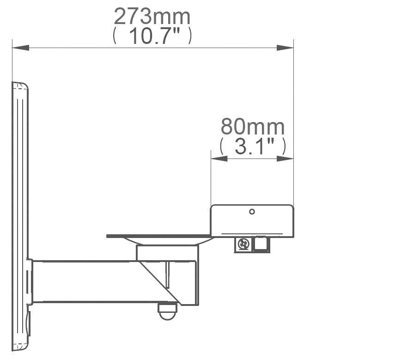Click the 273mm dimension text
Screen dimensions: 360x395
pyautogui.click(x=152, y=17)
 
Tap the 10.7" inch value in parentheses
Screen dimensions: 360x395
pyautogui.click(x=152, y=36)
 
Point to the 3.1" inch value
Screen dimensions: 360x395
pyautogui.click(x=252, y=146)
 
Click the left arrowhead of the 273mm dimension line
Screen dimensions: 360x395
pyautogui.click(x=20, y=48)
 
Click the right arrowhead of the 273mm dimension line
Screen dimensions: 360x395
pyautogui.click(x=285, y=48)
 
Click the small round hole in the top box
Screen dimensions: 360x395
pyautogui.click(x=252, y=212)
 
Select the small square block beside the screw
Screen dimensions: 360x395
pyautogui.click(x=262, y=244)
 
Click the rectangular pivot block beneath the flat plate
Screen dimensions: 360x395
pyautogui.click(x=167, y=252)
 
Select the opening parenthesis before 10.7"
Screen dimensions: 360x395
pyautogui.click(x=115, y=36)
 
